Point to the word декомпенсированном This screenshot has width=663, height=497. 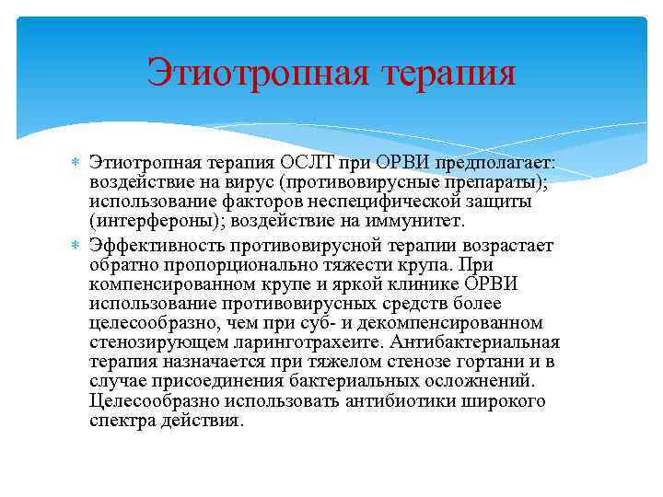pyautogui.click(x=464, y=323)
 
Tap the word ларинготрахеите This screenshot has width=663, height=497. pyautogui.click(x=284, y=342)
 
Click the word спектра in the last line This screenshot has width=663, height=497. pyautogui.click(x=122, y=421)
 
